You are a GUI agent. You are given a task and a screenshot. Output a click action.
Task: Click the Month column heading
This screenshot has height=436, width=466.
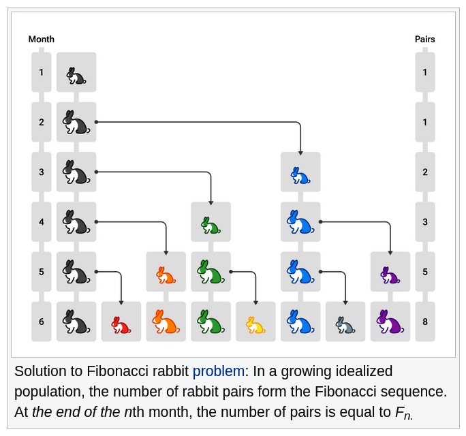[x=41, y=39]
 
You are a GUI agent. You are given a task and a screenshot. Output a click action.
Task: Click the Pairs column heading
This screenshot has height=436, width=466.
[x=424, y=39]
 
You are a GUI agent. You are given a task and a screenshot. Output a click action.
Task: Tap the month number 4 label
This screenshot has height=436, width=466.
[x=41, y=222]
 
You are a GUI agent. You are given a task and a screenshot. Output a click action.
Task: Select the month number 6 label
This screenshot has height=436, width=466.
[x=41, y=322]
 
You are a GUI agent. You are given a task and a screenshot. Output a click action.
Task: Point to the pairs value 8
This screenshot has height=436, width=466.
[x=424, y=322]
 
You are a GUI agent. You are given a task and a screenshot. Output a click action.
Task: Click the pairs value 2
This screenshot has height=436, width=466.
[x=424, y=172]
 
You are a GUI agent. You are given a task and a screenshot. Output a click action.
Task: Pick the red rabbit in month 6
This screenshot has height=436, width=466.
[x=121, y=325]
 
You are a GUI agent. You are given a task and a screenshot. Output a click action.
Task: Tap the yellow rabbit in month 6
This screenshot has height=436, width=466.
[x=255, y=325]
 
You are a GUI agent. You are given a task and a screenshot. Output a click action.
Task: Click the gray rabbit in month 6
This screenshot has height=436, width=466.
[x=345, y=325]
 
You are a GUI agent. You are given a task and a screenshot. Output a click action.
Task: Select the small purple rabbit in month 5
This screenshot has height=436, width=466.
[x=390, y=275]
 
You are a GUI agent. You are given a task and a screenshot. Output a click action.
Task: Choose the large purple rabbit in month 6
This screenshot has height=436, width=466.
[x=390, y=322]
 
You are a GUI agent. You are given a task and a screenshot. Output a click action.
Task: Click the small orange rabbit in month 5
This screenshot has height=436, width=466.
[x=166, y=275]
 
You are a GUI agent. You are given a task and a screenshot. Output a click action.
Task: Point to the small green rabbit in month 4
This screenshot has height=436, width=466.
[x=210, y=225]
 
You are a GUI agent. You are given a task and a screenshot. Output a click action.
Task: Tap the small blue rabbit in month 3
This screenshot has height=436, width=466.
[x=300, y=176]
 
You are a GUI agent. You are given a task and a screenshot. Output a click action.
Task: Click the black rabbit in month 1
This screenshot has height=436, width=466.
[x=76, y=75]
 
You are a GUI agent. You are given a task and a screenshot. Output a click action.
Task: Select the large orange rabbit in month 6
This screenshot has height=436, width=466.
[x=166, y=322]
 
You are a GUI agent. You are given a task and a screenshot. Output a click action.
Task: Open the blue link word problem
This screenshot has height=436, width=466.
[x=218, y=372]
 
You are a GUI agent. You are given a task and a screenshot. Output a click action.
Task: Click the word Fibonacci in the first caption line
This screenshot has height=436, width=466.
[x=115, y=372]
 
